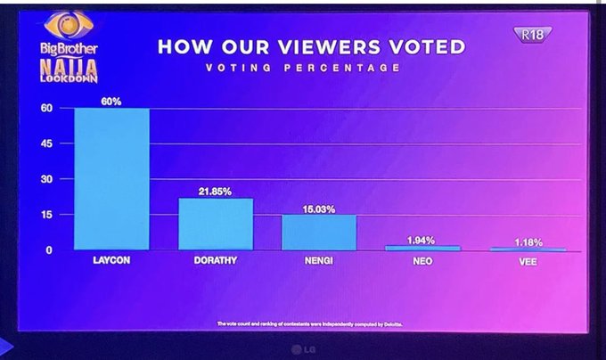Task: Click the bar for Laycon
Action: pos(111,178)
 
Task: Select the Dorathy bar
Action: pos(216,224)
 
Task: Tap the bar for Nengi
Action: pos(319,232)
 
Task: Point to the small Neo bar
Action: pos(422,248)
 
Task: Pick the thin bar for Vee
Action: pos(527,249)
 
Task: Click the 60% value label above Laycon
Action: pos(111,102)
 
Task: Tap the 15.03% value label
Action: pos(319,208)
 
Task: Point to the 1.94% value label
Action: pos(422,240)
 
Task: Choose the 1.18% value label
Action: pos(528,241)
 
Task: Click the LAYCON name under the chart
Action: pos(111,263)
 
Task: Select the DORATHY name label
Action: pos(216,263)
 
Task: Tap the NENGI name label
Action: pos(319,263)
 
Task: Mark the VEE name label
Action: pos(528,263)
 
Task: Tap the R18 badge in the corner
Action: pos(533,35)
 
